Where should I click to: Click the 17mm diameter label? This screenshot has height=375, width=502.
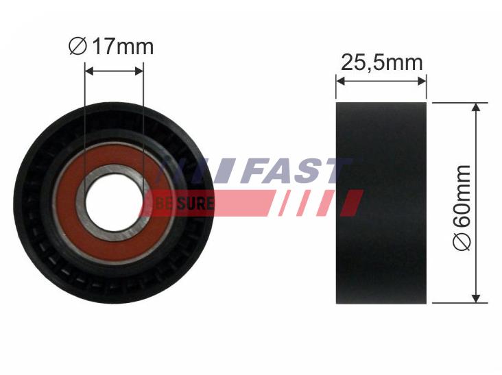[x=112, y=47]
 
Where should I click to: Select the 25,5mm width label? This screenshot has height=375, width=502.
[x=381, y=62]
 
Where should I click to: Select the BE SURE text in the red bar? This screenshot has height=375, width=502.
[x=185, y=204]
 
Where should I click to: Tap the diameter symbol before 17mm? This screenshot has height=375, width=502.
[x=77, y=47]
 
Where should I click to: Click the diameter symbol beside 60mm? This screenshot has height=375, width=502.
[x=462, y=243]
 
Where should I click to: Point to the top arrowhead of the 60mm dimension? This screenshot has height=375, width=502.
[x=475, y=108]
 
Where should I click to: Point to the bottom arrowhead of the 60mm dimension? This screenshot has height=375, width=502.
[x=475, y=298]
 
